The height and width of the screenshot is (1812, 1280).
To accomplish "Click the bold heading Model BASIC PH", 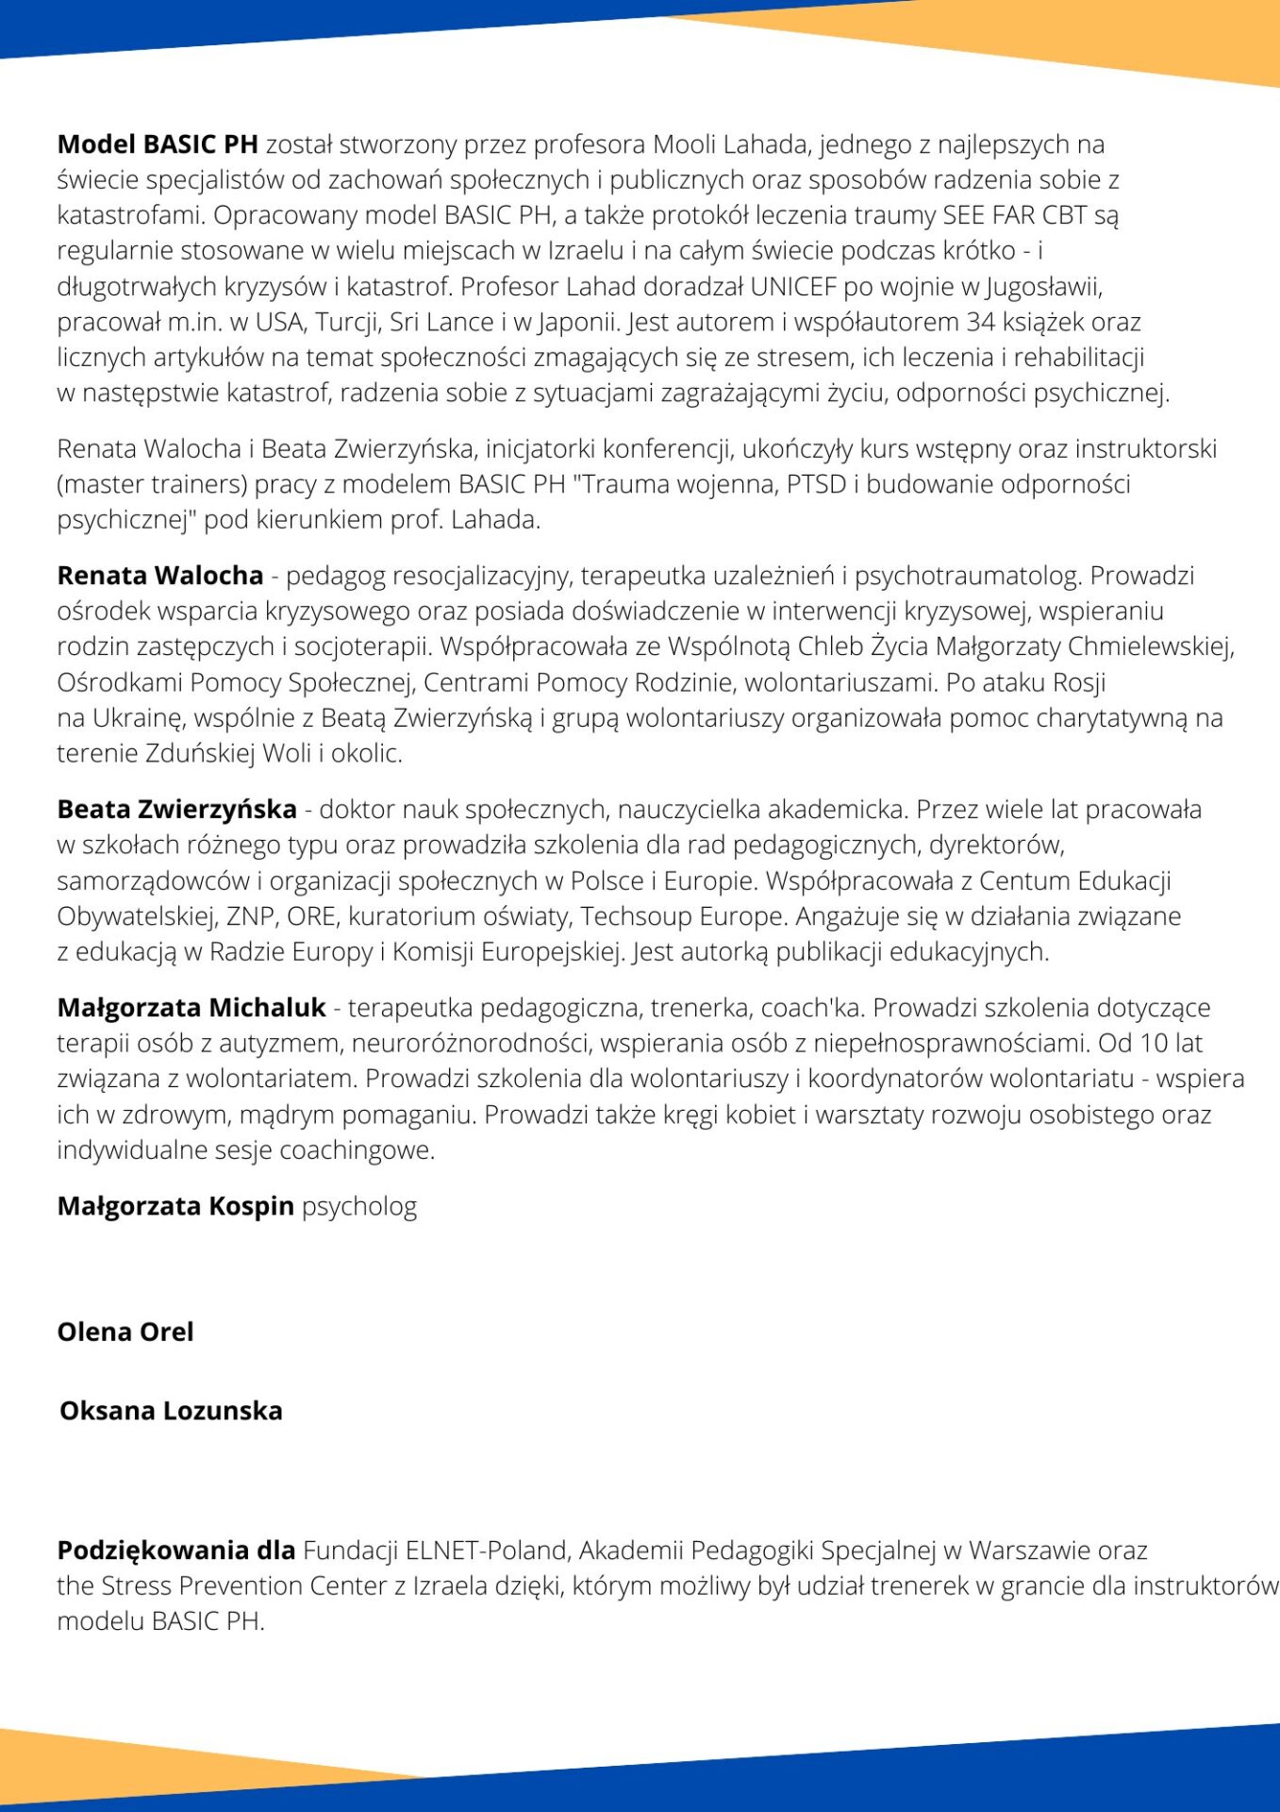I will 158,144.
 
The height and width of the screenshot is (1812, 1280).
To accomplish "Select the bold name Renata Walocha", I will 160,575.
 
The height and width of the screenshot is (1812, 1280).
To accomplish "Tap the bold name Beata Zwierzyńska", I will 177,809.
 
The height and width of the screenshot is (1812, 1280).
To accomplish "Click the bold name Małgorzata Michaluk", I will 191,1008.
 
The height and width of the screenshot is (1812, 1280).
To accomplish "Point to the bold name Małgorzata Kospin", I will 175,1206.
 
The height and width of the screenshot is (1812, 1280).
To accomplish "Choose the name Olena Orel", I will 125,1332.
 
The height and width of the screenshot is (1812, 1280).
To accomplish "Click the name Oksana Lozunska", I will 171,1410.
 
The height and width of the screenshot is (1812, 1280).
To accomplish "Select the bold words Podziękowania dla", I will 176,1551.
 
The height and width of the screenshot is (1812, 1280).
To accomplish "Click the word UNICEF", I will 793,286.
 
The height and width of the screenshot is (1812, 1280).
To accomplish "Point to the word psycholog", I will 359,1207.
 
